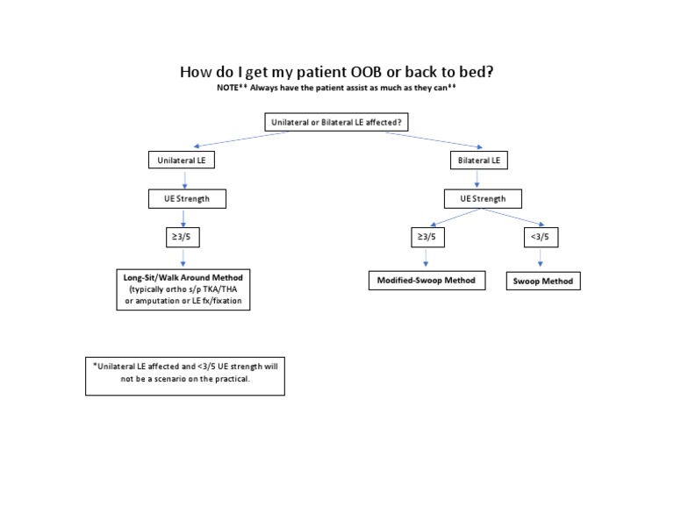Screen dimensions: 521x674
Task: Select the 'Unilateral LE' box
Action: click(184, 161)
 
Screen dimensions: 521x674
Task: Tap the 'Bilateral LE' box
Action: click(481, 161)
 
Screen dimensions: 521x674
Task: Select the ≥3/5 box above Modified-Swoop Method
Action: click(426, 238)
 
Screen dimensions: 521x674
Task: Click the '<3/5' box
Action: click(540, 238)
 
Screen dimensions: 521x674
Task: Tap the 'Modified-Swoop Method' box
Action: click(426, 280)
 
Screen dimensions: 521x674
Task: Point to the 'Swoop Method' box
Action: click(542, 281)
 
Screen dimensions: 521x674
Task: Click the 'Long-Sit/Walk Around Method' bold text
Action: click(184, 276)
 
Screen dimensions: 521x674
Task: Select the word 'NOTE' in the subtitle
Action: click(227, 89)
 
